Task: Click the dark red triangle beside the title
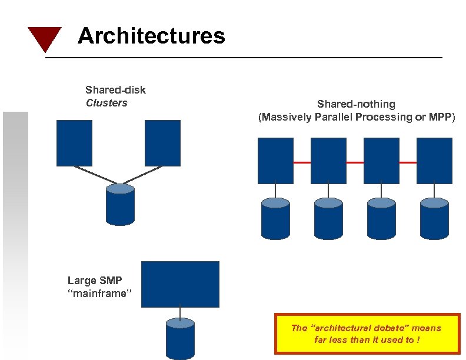[44, 38]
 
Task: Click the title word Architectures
[151, 36]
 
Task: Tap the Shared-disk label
[115, 90]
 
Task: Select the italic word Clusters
[106, 103]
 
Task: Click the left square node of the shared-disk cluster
[74, 143]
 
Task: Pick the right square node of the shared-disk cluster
[162, 143]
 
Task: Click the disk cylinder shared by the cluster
[120, 205]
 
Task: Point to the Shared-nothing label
[356, 104]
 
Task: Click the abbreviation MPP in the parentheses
[440, 117]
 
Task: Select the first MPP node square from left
[275, 161]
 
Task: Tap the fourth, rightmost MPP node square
[434, 161]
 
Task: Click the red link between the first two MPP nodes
[302, 162]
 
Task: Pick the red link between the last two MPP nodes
[408, 162]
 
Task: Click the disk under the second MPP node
[328, 218]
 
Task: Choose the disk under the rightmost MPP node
[434, 218]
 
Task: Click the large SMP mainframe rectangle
[180, 284]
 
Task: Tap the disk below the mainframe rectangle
[180, 339]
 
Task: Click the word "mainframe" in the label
[98, 294]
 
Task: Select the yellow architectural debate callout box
[367, 334]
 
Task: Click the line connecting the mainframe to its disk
[180, 313]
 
